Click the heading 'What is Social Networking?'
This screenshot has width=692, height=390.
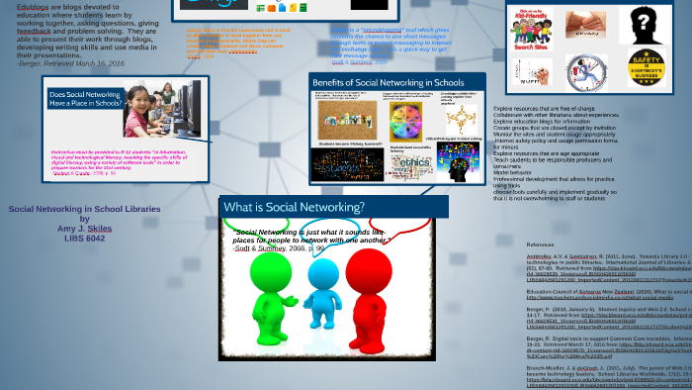[294, 207]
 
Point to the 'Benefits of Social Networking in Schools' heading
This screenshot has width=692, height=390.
[388, 81]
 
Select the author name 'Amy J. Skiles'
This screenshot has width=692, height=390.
[84, 229]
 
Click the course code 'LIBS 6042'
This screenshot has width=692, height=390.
[84, 239]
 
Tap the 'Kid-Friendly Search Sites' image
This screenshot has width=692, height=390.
[532, 25]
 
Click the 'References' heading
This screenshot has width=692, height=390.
[540, 244]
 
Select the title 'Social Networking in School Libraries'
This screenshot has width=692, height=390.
[84, 209]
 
